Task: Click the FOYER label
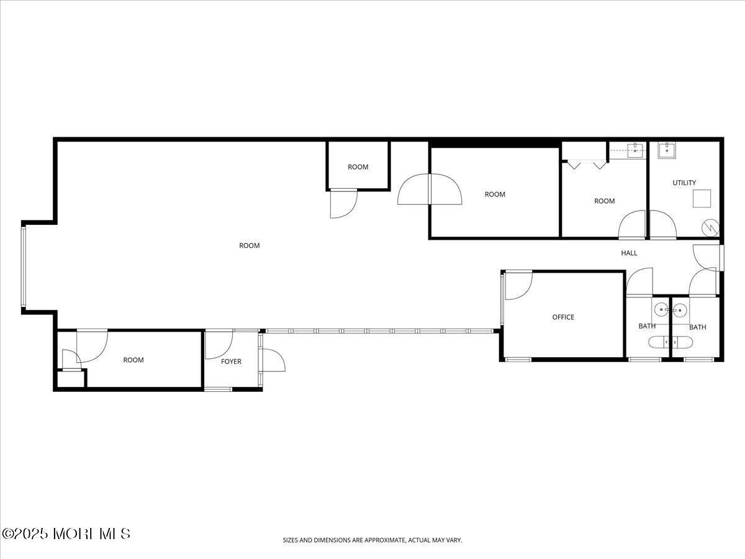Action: coord(231,361)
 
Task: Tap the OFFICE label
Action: coord(563,317)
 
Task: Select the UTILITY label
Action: coord(684,183)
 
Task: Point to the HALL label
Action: coord(629,253)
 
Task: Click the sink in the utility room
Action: coord(667,150)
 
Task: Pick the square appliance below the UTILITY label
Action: coord(702,199)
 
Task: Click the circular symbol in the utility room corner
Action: coord(710,228)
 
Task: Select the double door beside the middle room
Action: coord(430,189)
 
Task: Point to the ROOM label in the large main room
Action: coord(250,245)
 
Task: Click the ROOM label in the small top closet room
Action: coord(358,167)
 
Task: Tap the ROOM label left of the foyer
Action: coord(133,360)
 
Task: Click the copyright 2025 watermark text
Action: coord(66,534)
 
